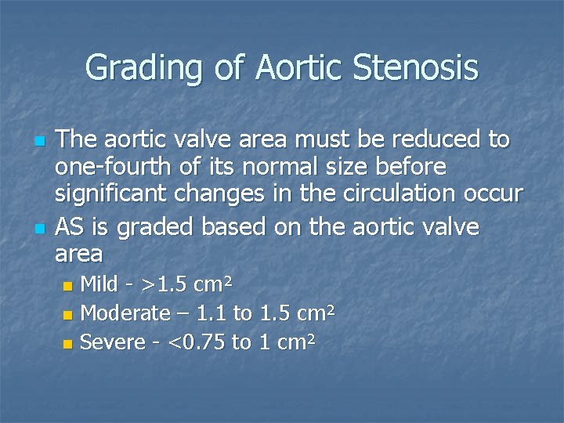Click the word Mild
pyautogui.click(x=100, y=283)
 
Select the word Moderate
pyautogui.click(x=125, y=313)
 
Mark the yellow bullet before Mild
pyautogui.click(x=68, y=284)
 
